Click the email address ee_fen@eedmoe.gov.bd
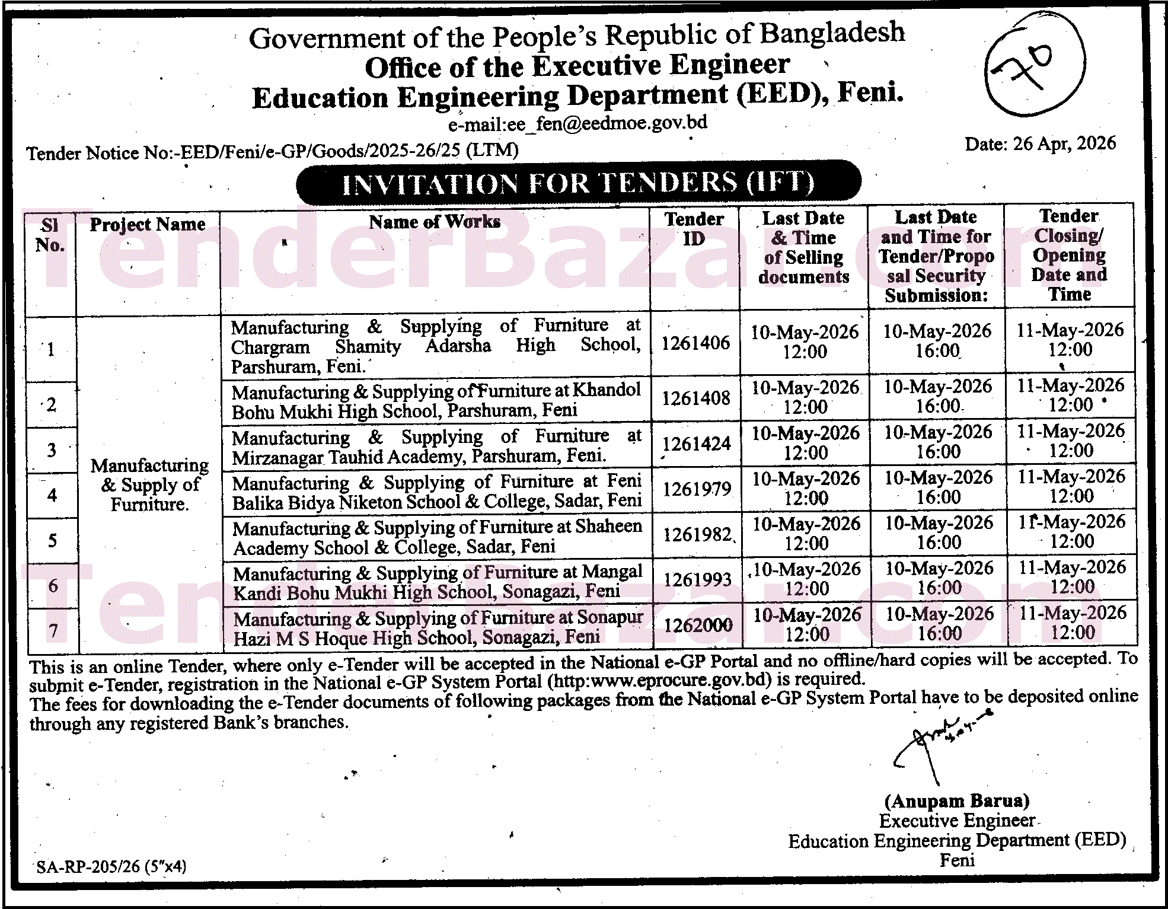click(x=577, y=123)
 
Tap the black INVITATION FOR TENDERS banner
click(x=578, y=183)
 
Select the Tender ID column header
click(x=694, y=229)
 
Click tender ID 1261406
click(x=695, y=343)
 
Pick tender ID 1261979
click(x=697, y=489)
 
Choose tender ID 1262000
click(x=698, y=625)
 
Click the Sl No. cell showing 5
click(x=52, y=540)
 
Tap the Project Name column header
click(x=148, y=225)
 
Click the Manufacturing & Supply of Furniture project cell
click(x=149, y=484)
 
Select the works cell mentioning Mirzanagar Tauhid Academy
click(x=436, y=446)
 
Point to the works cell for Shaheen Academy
click(x=437, y=537)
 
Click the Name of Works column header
click(x=435, y=222)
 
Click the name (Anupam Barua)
click(x=956, y=801)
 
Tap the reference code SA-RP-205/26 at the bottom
click(x=111, y=867)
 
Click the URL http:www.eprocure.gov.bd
click(x=659, y=680)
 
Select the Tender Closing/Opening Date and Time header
click(x=1069, y=255)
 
